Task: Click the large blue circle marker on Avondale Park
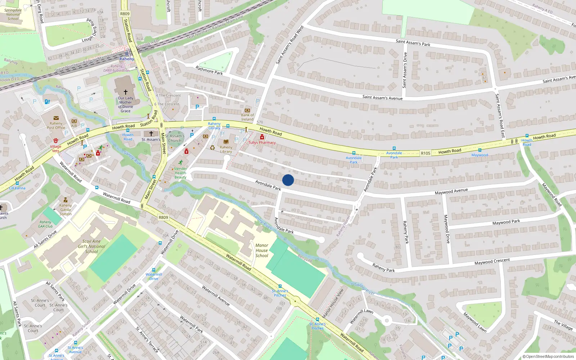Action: tap(288, 180)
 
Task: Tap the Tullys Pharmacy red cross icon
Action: tap(262, 137)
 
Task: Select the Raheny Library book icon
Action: tap(226, 142)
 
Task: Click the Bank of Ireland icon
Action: tap(247, 110)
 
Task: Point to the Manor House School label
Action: tap(262, 251)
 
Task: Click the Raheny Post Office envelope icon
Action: tap(56, 118)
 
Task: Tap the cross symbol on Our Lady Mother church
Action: tap(125, 92)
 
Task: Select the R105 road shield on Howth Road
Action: tap(426, 153)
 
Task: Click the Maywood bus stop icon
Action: tap(480, 150)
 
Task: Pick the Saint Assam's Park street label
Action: tap(413, 43)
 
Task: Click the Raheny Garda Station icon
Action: tap(66, 200)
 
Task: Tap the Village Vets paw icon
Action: tap(56, 141)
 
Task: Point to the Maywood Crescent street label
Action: tap(492, 262)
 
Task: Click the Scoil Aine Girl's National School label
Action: tap(91, 247)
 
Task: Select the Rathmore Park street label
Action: tap(209, 70)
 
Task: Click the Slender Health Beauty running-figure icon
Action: tap(180, 162)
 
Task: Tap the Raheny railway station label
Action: tap(127, 59)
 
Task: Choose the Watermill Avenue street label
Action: tap(216, 296)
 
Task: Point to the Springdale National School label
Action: tap(13, 14)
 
